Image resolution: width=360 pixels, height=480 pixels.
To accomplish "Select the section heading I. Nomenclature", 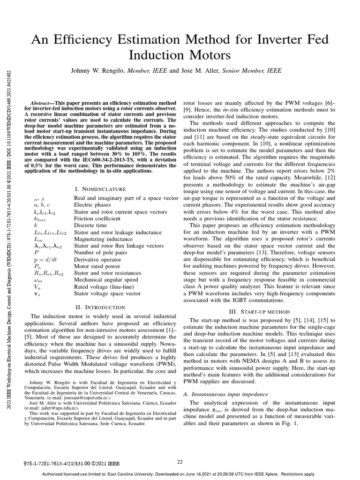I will [x=100, y=189].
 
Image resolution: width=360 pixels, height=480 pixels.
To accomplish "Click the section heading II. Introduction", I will [x=100, y=307].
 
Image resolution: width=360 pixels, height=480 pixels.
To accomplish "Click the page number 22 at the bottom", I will [x=180, y=462].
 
